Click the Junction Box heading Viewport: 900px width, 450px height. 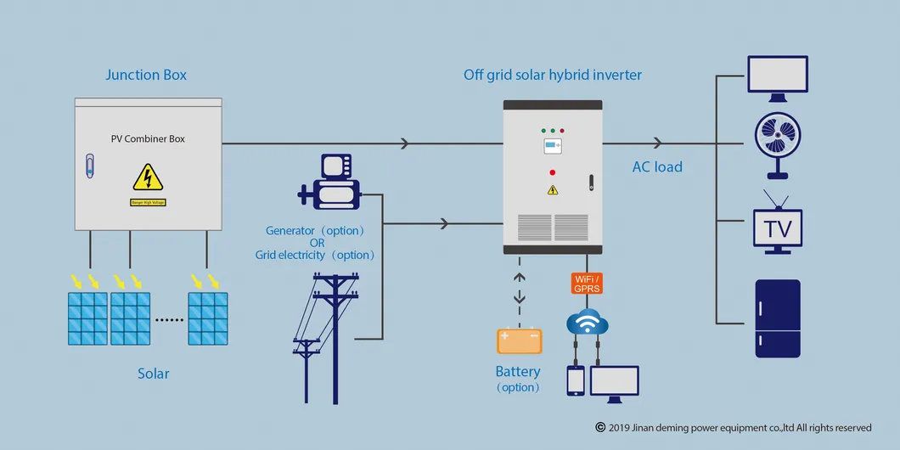tap(146, 75)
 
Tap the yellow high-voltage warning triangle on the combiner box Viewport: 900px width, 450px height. tap(148, 177)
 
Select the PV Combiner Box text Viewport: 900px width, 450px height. tap(148, 138)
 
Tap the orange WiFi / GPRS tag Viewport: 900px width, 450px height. tap(587, 284)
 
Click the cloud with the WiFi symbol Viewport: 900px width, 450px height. tap(587, 322)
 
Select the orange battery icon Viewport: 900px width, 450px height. tap(519, 340)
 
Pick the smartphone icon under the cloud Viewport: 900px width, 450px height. tap(576, 380)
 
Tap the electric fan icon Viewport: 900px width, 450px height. tap(778, 144)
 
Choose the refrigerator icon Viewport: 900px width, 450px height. tap(778, 318)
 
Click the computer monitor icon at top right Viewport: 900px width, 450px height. tap(777, 75)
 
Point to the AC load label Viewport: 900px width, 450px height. tap(657, 166)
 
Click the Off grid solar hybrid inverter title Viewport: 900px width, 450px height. tap(553, 75)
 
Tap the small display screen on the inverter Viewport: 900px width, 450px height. tap(554, 146)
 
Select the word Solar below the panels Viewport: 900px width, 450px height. tap(154, 374)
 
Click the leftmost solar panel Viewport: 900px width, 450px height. tap(87, 318)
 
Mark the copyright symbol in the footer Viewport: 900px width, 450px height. tap(600, 427)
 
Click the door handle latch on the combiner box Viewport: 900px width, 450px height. tap(90, 166)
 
